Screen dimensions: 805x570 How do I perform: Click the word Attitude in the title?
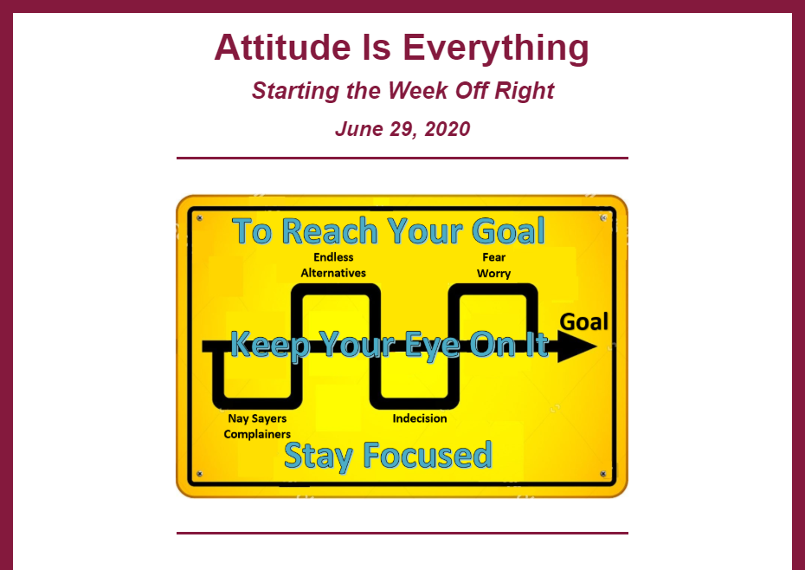pos(282,48)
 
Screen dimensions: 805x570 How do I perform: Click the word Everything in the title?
pos(495,49)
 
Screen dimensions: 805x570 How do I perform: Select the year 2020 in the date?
pos(448,128)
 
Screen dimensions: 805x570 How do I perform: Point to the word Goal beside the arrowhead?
pos(583,321)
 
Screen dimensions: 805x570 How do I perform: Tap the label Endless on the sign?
pos(334,257)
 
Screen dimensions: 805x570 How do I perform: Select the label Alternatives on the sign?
pos(333,273)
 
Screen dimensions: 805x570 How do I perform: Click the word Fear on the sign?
pos(494,257)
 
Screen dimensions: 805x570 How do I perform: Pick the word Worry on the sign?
pos(494,274)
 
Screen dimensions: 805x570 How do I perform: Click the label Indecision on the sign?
pos(420,418)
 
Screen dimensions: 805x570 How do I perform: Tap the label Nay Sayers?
pos(257,418)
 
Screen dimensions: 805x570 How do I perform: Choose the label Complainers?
pos(257,434)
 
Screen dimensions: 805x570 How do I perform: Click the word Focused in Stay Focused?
pos(428,455)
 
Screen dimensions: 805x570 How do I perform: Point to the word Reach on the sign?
pos(330,230)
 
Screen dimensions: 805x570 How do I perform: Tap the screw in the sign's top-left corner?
pos(200,218)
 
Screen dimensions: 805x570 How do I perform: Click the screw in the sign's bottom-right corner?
pos(603,473)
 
